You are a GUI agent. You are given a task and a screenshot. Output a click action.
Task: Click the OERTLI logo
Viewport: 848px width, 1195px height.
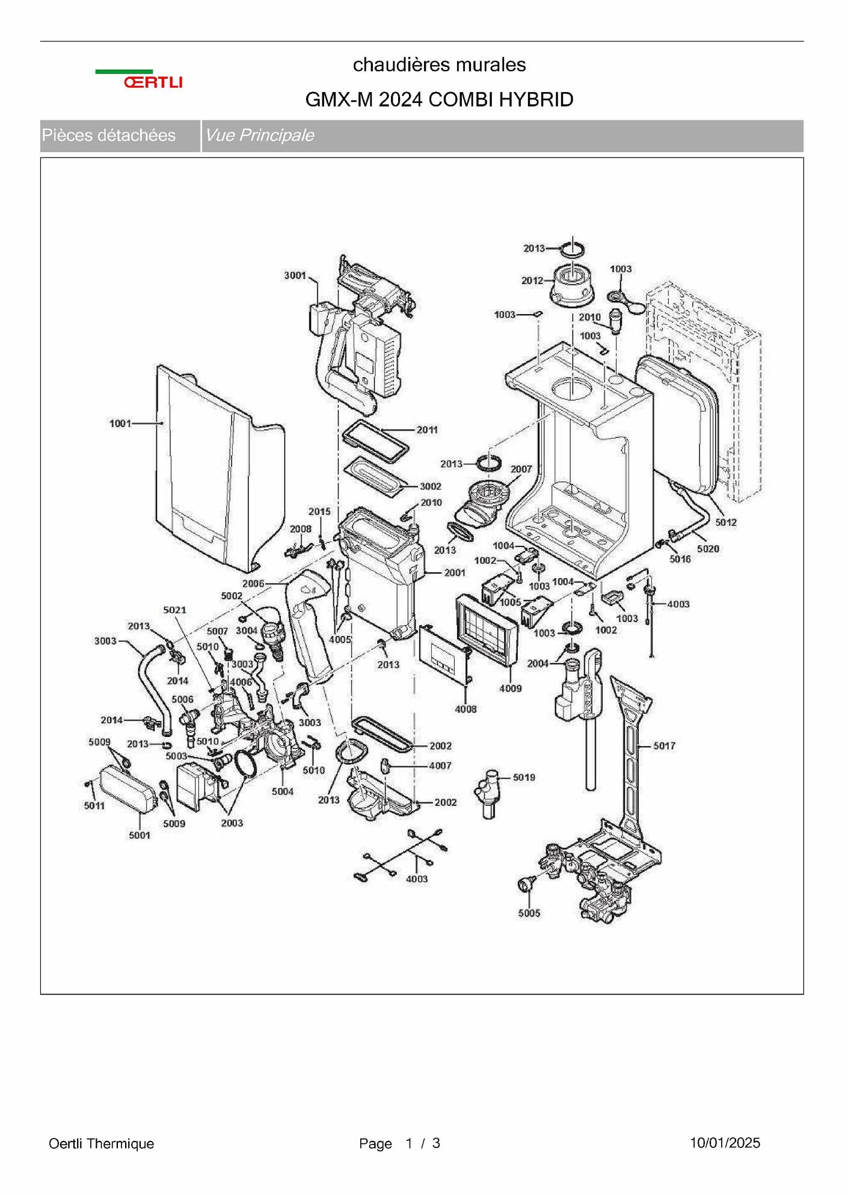click(x=139, y=79)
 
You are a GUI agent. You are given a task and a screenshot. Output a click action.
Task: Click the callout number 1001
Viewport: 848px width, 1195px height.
click(x=120, y=424)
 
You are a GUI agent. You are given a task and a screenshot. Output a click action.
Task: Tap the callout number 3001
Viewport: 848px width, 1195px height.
click(x=295, y=276)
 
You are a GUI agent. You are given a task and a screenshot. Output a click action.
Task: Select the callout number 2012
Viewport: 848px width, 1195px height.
click(x=532, y=280)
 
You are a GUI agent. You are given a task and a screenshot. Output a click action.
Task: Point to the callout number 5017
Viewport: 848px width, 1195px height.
click(x=664, y=746)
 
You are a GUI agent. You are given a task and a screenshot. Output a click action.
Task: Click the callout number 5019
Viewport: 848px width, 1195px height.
click(x=524, y=777)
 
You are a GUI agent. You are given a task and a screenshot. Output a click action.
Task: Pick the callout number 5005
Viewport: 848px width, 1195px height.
click(x=529, y=913)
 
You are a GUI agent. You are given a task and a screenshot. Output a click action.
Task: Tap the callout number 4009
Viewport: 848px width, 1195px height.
click(x=510, y=688)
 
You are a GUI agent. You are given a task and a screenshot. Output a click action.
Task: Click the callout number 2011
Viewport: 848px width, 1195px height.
click(x=427, y=430)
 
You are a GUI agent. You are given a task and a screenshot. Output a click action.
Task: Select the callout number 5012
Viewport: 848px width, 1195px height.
click(x=726, y=522)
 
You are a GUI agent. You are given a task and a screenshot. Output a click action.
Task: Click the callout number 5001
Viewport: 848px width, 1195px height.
click(x=140, y=835)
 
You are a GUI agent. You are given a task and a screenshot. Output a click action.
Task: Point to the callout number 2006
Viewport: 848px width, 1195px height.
click(x=253, y=583)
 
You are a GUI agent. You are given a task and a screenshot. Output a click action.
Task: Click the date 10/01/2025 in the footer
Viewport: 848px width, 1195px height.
click(x=725, y=1143)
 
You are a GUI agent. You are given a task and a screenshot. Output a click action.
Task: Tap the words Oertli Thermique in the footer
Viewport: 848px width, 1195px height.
click(x=101, y=1143)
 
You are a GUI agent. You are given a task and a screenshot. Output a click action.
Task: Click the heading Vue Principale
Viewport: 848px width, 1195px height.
click(x=259, y=135)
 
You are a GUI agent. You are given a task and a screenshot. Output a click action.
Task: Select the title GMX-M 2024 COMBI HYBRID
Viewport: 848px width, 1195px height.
click(x=439, y=99)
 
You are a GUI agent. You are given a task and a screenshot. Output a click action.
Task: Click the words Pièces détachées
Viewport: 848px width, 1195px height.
click(x=109, y=135)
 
